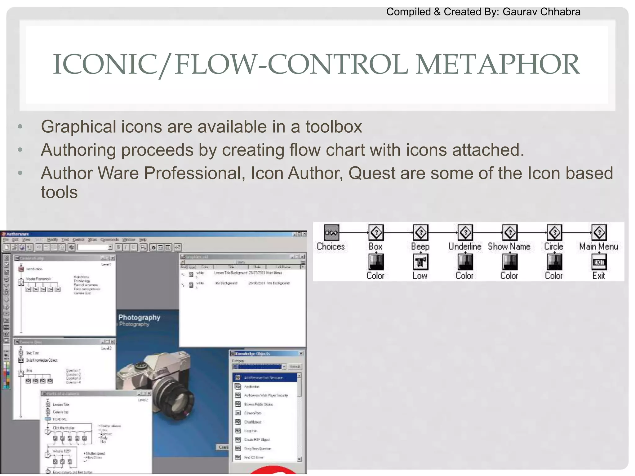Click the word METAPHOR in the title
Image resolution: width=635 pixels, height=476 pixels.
point(497,64)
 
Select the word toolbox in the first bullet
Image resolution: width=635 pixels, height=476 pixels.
point(334,127)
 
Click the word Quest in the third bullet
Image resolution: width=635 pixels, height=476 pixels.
point(372,173)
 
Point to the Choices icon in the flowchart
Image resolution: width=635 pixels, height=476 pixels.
point(331,232)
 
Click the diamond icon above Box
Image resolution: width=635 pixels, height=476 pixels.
point(376,232)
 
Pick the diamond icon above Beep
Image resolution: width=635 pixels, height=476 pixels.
point(421,232)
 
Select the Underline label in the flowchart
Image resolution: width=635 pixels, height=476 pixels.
point(465,246)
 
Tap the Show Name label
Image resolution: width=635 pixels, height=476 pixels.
point(509,246)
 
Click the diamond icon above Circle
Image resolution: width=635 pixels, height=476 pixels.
point(554,232)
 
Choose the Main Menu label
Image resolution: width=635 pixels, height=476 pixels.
point(599,246)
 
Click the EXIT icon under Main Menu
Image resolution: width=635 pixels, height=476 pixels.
point(599,262)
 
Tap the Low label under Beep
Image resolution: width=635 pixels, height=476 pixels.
point(420,275)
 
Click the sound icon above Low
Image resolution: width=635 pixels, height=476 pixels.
point(421,262)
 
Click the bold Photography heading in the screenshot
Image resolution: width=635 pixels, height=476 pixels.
point(139,317)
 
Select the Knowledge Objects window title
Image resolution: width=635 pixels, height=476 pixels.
point(252,354)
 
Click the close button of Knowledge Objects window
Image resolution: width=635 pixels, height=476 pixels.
point(301,354)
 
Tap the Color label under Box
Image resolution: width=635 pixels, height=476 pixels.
point(375,275)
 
